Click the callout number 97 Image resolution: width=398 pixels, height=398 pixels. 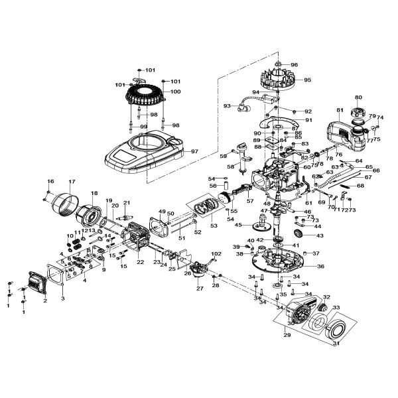(x=195, y=152)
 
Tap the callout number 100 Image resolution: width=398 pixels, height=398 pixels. (x=157, y=92)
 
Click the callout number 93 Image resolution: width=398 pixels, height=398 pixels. (x=228, y=105)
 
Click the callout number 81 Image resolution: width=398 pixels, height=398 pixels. (x=339, y=110)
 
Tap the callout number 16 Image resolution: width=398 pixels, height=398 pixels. (x=50, y=182)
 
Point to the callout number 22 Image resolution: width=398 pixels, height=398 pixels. (x=140, y=262)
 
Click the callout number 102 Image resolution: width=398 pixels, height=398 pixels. (x=217, y=254)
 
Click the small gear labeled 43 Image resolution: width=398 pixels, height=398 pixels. (x=297, y=236)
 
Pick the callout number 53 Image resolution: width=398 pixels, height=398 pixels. (x=214, y=226)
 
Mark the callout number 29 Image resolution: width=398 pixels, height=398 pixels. (x=287, y=336)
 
